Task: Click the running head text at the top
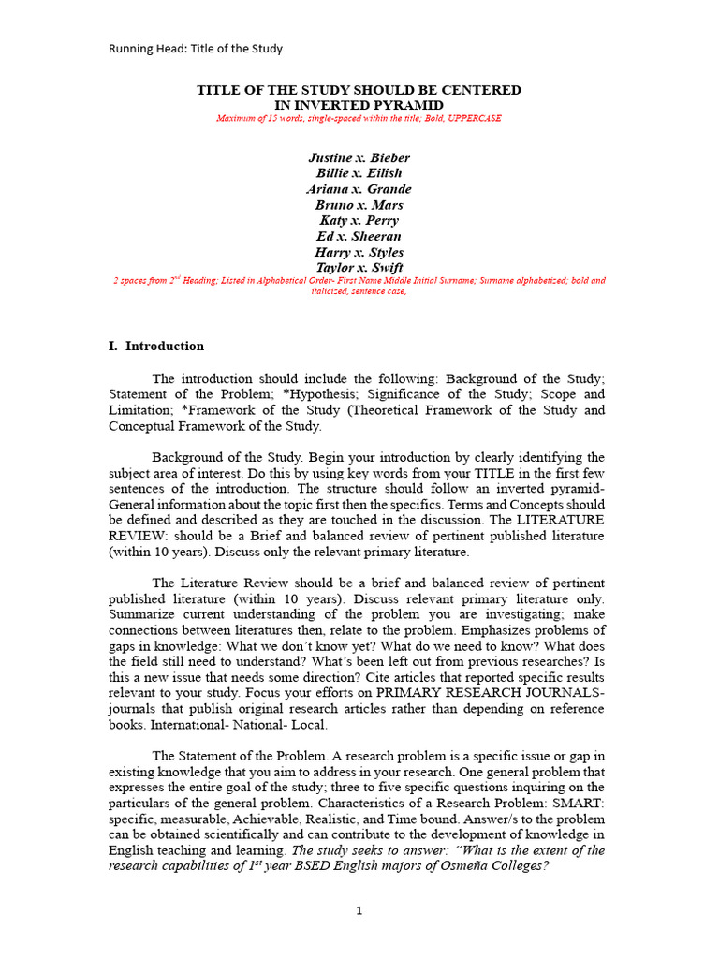point(196,49)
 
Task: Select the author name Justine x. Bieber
point(359,157)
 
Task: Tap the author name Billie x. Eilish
point(359,173)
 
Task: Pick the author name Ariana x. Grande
point(359,189)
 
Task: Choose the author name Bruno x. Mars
point(359,205)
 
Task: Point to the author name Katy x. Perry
point(359,221)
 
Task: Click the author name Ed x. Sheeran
point(359,237)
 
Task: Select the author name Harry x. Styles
point(359,253)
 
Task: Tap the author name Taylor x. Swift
point(359,268)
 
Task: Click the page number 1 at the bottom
point(359,910)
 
